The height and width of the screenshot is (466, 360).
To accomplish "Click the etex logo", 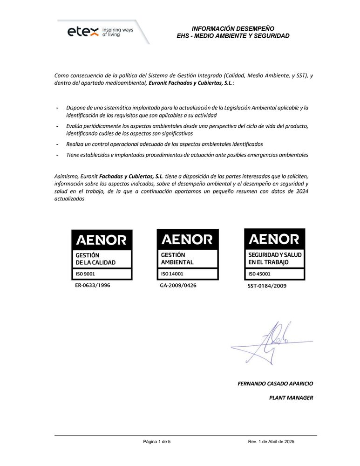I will point(83,32).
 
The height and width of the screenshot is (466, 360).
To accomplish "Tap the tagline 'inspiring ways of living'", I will point(117,32).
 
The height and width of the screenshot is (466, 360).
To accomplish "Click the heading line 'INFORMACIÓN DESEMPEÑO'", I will point(233,28).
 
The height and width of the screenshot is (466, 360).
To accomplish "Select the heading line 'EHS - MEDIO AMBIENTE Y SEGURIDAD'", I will point(233,36).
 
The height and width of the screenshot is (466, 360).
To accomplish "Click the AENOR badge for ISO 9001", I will point(102,254).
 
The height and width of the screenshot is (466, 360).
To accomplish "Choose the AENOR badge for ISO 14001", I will point(188,254).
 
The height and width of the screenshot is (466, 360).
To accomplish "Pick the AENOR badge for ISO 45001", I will point(275,254).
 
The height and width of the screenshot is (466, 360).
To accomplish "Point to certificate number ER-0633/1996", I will point(93,285).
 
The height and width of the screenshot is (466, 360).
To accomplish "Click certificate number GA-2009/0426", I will point(178,285).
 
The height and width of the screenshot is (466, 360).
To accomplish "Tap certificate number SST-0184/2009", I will point(267,286).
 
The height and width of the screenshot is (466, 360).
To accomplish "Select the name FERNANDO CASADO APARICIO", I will point(275,384).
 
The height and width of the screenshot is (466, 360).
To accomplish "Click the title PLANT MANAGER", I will point(291,397).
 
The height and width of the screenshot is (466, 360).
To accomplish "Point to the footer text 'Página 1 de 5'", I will point(157,441).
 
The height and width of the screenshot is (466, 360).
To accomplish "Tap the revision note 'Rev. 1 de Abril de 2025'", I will point(271,441).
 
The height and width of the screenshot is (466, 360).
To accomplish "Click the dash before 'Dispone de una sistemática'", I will point(57,108).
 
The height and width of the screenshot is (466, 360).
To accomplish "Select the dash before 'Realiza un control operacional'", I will point(57,144).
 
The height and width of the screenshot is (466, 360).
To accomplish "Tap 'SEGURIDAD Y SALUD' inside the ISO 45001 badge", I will point(275,255).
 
